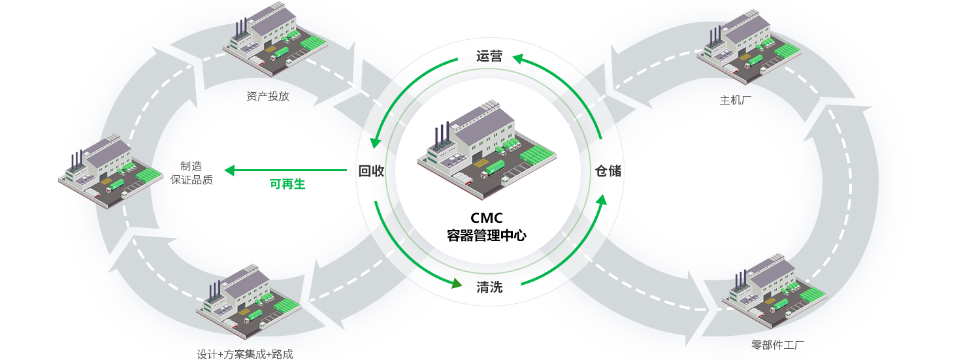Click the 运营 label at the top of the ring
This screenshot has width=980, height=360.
click(489, 57)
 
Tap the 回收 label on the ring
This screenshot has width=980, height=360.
click(371, 171)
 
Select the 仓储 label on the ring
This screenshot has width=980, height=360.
click(608, 171)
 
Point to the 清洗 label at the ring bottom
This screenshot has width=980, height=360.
click(489, 286)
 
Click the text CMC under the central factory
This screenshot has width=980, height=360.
click(487, 218)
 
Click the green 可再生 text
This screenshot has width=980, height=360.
click(287, 184)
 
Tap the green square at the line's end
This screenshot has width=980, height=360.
click(229, 171)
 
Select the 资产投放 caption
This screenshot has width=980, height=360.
click(268, 96)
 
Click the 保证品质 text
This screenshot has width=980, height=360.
click(191, 180)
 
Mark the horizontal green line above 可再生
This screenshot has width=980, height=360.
click(291, 171)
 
